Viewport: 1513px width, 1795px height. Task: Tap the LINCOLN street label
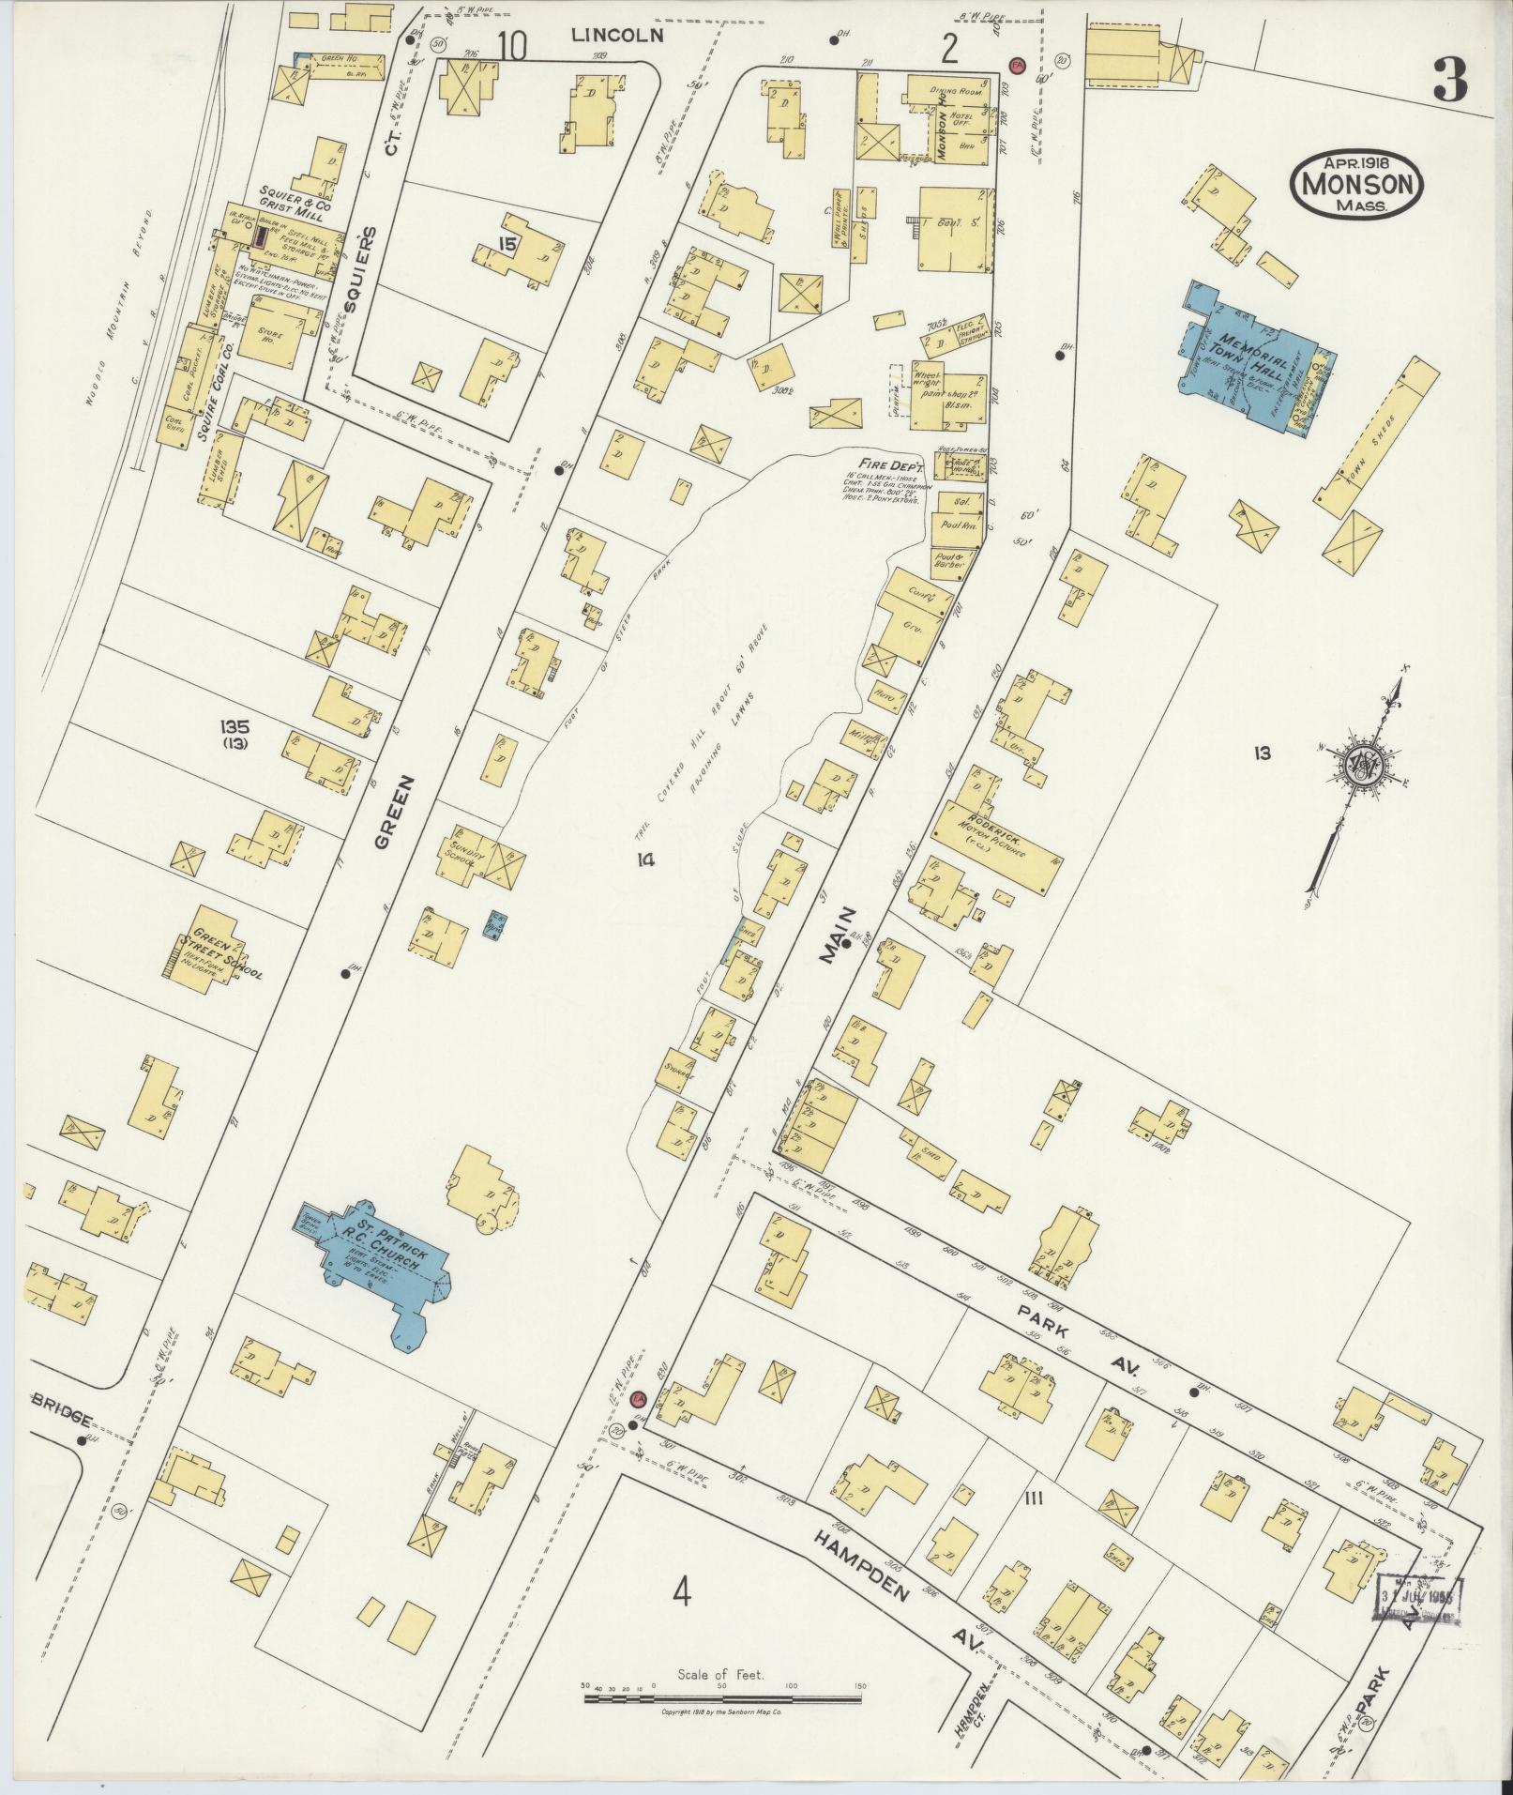[618, 36]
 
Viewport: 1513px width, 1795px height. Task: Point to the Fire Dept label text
[899, 465]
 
